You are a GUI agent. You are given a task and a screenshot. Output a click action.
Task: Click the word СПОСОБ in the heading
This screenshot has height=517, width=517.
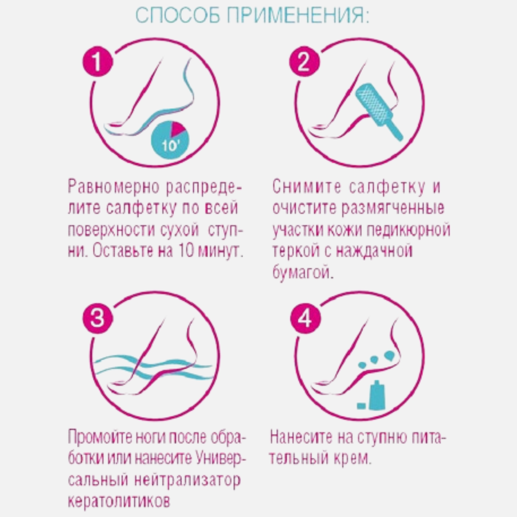[178, 16]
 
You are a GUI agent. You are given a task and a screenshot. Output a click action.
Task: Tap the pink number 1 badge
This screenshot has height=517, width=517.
[98, 62]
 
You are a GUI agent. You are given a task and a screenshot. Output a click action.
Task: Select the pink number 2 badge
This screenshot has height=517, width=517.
[304, 62]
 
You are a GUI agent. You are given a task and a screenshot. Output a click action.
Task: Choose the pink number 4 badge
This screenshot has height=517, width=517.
[305, 318]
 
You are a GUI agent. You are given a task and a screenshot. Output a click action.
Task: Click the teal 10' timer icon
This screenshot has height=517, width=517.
[170, 141]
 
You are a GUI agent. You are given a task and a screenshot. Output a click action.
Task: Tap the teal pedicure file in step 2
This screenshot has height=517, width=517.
[378, 110]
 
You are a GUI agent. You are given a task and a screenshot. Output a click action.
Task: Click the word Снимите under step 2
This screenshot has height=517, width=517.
[307, 187]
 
